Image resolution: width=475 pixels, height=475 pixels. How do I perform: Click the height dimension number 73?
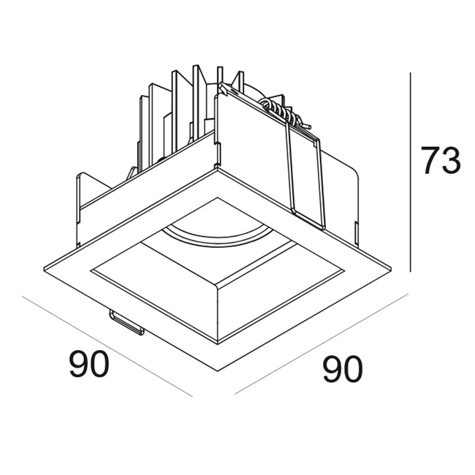[x=441, y=160]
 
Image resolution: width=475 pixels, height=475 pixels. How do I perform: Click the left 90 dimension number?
[x=89, y=363]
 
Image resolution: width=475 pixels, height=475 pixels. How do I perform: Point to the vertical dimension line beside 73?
[x=410, y=172]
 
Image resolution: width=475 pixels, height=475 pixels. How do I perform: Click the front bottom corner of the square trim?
[x=218, y=371]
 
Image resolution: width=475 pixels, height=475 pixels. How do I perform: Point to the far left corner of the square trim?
[x=44, y=269]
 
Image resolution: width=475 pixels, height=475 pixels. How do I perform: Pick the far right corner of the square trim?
[x=391, y=268]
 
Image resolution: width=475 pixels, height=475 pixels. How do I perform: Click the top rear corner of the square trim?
[x=217, y=169]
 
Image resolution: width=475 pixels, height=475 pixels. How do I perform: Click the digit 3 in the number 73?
[x=451, y=160]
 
